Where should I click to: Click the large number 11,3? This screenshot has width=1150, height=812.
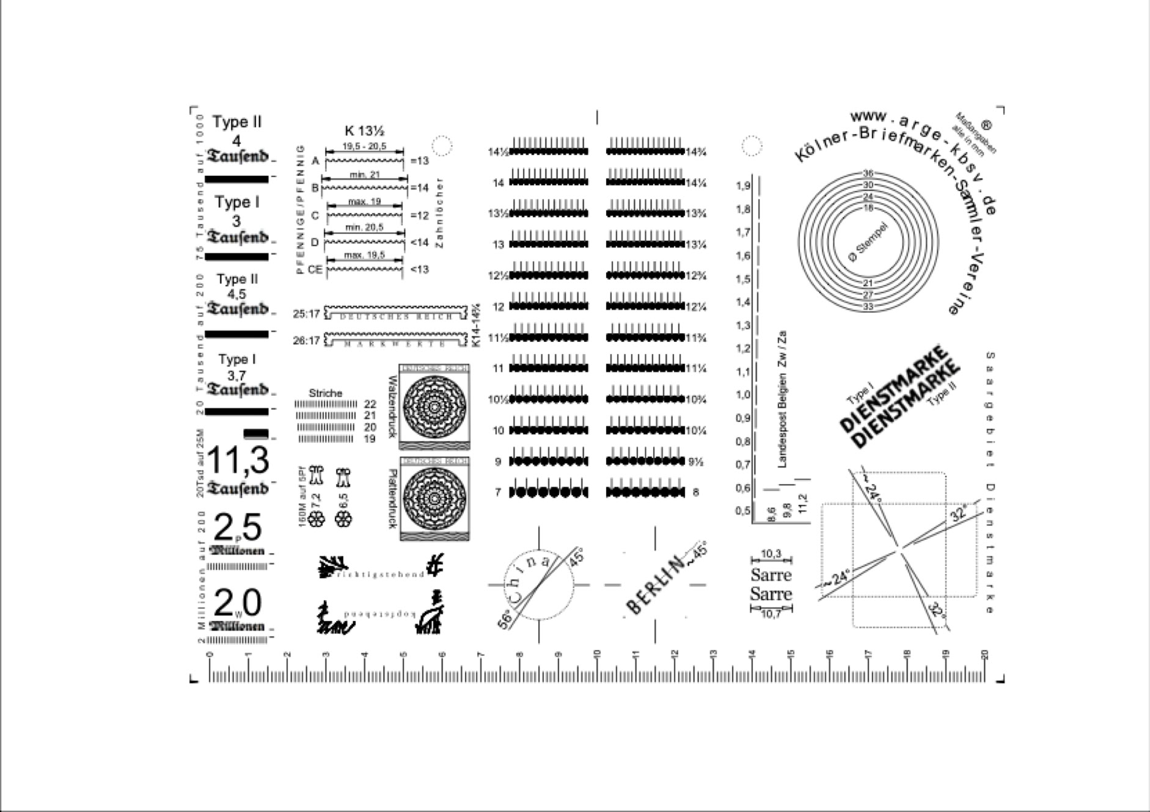[238, 461]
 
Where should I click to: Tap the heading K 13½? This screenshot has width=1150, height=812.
[364, 131]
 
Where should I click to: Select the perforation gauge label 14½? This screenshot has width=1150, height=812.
[498, 152]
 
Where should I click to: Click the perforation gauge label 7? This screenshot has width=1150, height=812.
[498, 492]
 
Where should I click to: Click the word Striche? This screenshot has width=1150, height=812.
[325, 393]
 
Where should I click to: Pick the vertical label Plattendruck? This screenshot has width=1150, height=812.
[392, 499]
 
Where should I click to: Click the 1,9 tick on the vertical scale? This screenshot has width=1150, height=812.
[743, 186]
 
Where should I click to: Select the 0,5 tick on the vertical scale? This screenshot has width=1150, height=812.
[743, 510]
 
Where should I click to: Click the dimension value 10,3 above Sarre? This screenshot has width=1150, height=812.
[771, 554]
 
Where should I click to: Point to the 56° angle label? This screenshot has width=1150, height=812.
[505, 620]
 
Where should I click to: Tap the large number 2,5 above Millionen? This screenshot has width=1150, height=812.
[238, 528]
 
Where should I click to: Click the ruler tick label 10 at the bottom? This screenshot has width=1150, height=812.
[597, 654]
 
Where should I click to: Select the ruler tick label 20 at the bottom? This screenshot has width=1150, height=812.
[984, 654]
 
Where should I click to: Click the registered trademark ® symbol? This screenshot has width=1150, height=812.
[986, 124]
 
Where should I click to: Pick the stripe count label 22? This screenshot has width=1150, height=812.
[370, 404]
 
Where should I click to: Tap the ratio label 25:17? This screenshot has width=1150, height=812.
[306, 314]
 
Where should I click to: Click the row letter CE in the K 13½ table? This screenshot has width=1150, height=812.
[315, 269]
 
